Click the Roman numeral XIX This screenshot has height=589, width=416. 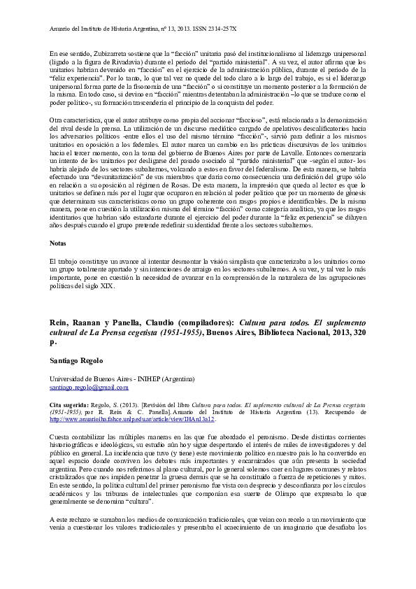(x=106, y=287)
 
